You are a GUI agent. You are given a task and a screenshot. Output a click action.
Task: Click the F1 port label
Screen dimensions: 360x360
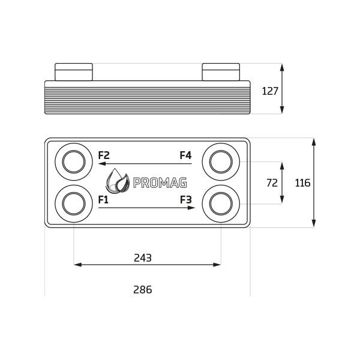pos(103,200)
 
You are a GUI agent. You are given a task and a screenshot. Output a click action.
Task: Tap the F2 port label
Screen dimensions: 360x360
pos(104,155)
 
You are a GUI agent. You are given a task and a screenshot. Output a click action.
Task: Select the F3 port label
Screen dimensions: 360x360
pos(186,200)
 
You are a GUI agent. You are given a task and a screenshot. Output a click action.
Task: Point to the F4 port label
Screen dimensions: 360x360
pos(185,155)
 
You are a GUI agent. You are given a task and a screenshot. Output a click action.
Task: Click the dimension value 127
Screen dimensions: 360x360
pos(270,91)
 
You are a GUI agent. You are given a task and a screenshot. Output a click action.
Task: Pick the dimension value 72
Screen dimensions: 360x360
pos(272,183)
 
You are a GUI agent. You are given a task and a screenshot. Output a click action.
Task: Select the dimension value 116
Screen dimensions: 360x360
pos(302,183)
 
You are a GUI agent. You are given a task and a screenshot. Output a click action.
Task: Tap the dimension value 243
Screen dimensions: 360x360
pos(143,258)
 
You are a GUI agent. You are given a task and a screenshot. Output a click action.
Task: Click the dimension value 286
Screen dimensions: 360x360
pos(143,290)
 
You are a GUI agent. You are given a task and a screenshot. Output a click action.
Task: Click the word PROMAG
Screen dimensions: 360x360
pos(160,183)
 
